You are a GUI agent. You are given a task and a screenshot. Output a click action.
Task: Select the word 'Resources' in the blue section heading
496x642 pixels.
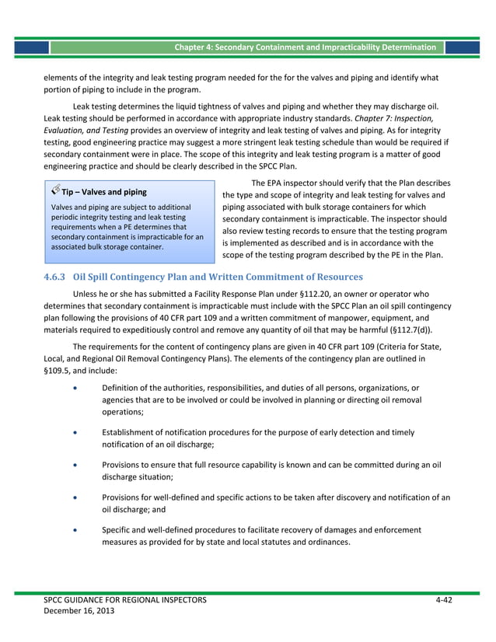[x=334, y=277]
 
